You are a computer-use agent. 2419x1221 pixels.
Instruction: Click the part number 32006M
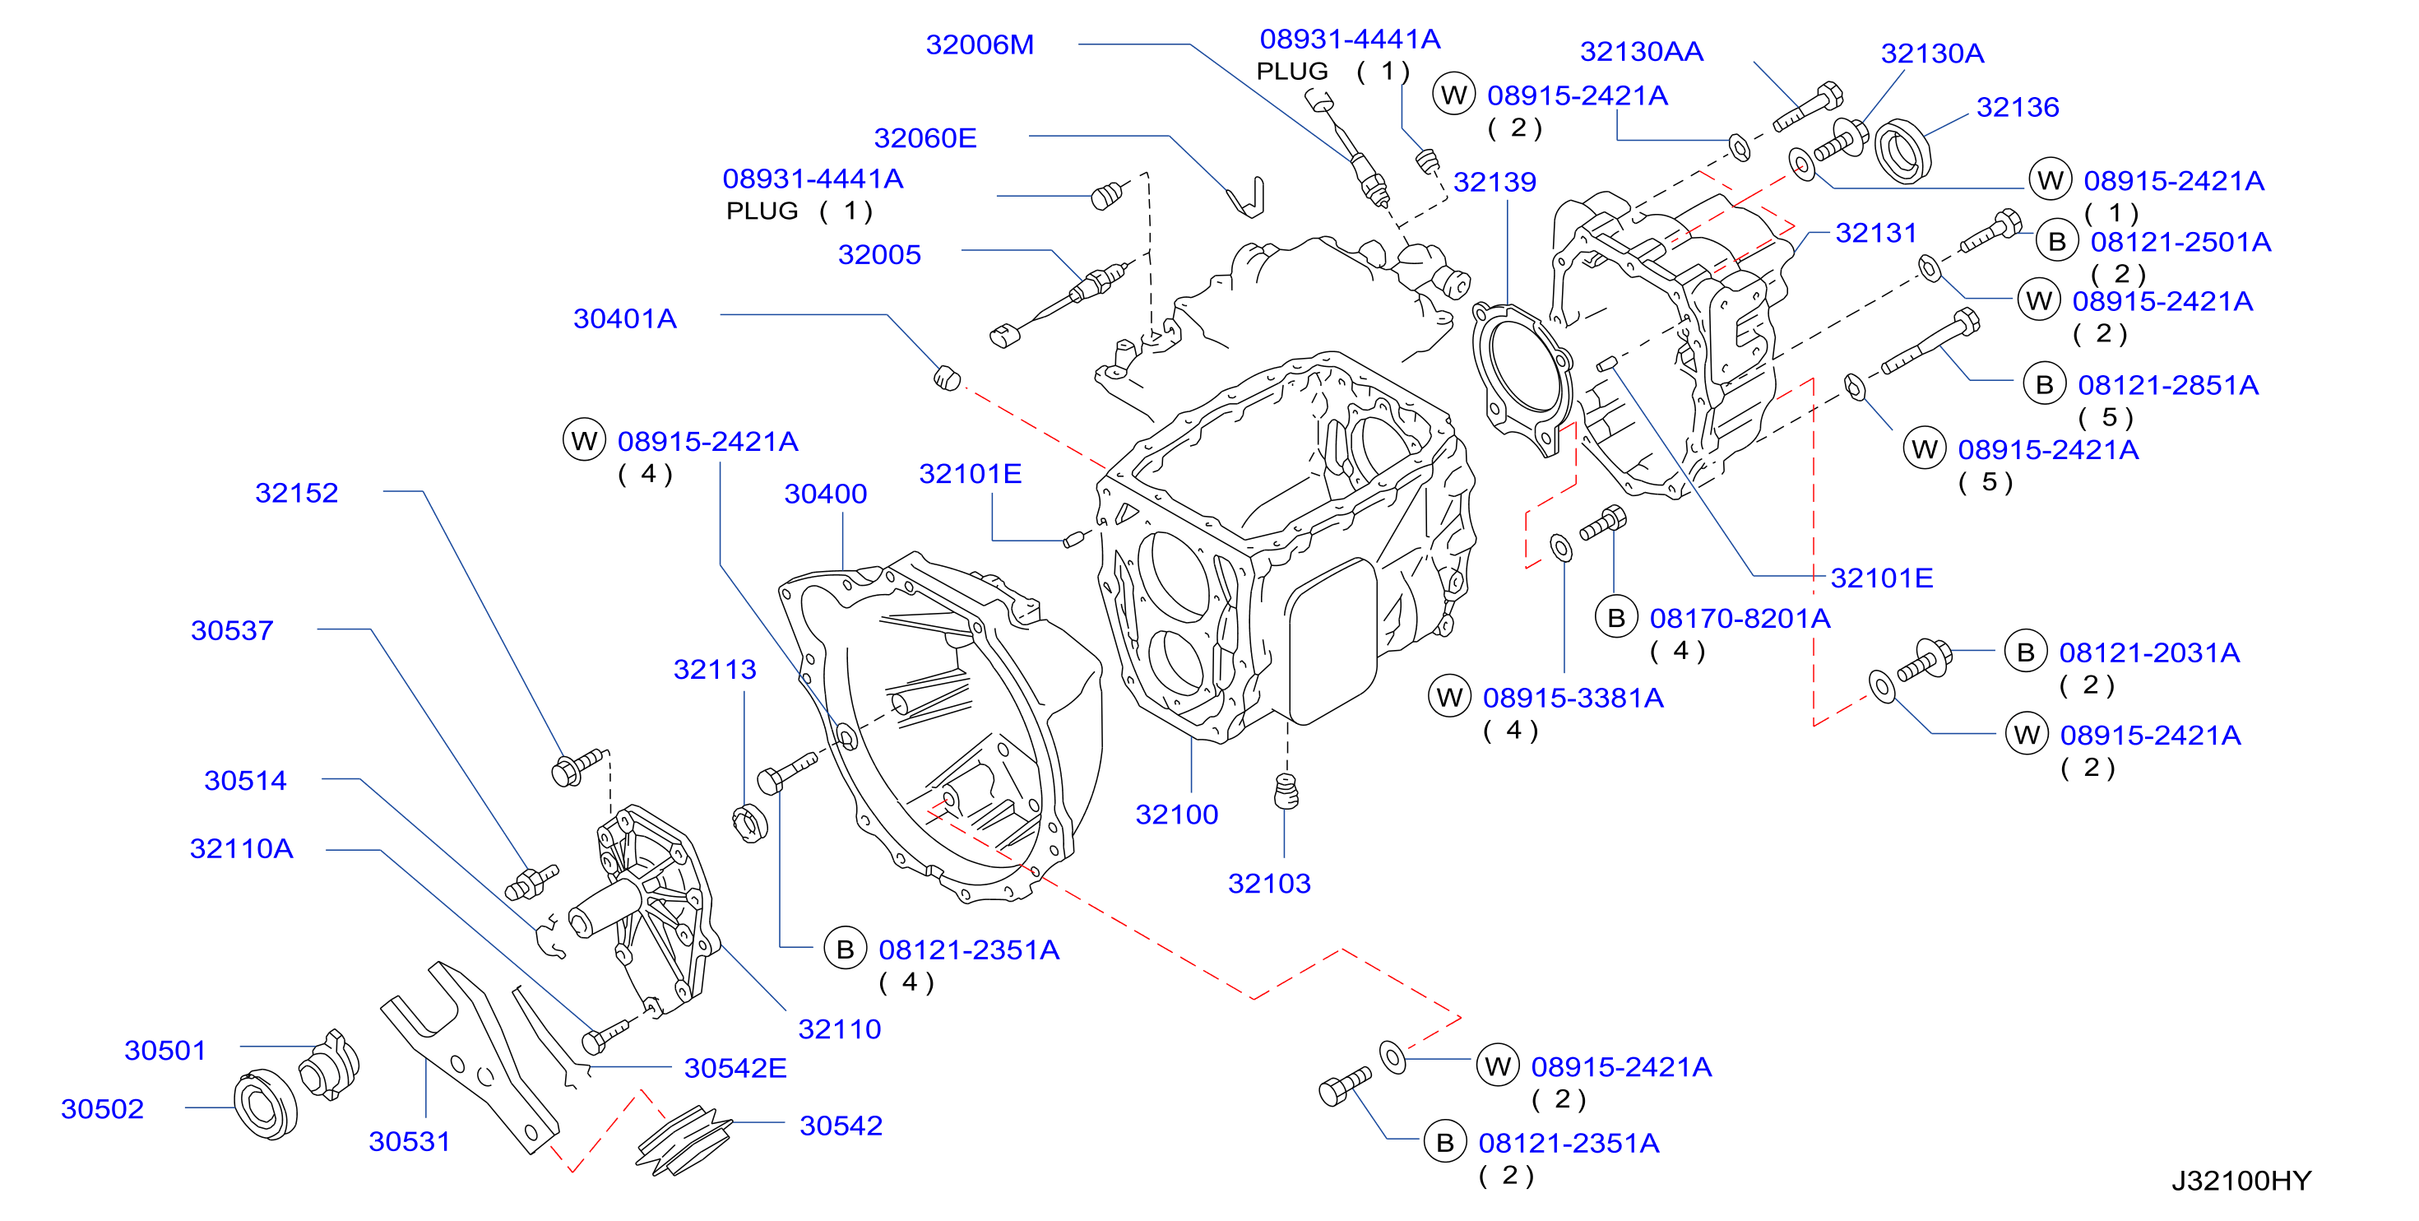(980, 44)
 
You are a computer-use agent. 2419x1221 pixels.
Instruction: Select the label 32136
(2017, 107)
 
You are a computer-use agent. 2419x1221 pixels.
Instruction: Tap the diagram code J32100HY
(2241, 1181)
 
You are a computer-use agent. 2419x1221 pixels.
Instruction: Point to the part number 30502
(102, 1109)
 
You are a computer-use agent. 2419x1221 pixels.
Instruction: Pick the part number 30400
(826, 494)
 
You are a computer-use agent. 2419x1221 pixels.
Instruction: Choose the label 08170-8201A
(1740, 619)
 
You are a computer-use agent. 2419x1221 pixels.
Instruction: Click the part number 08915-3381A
(1573, 698)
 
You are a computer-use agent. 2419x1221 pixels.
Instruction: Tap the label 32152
(297, 493)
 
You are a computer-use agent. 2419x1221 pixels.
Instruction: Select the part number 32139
(1495, 182)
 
